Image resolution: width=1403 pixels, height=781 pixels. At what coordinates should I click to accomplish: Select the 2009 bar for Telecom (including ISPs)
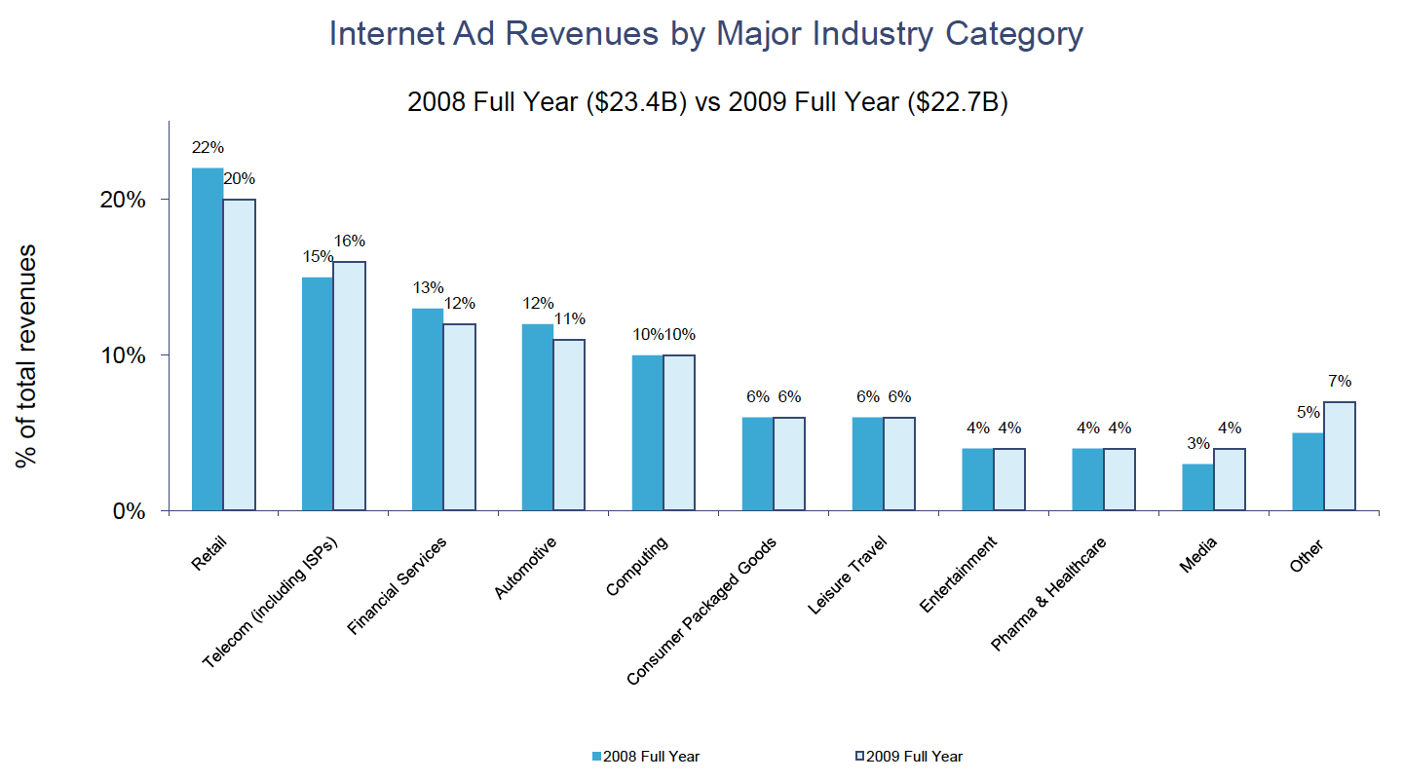click(349, 386)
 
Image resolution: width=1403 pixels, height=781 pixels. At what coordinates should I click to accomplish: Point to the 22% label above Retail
click(209, 148)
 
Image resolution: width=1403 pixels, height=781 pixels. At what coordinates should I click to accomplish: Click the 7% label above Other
click(1339, 381)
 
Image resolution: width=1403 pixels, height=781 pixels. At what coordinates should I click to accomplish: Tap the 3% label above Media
click(1197, 443)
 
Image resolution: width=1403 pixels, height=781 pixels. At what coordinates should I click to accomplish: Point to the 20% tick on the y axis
click(123, 200)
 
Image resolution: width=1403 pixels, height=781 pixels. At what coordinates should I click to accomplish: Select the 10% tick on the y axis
click(123, 355)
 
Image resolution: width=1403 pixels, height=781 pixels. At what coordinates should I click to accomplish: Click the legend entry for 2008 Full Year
click(646, 756)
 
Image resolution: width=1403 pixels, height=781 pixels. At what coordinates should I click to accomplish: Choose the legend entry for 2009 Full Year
click(909, 756)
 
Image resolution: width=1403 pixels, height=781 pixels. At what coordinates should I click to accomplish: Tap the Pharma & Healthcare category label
click(1049, 593)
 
